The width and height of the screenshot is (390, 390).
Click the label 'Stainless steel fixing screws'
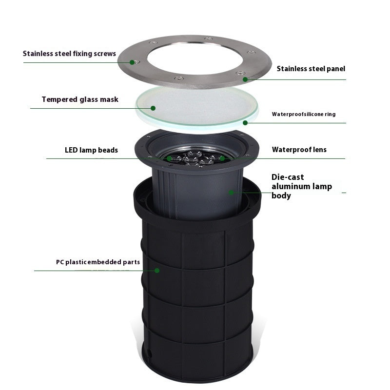[x=69, y=54]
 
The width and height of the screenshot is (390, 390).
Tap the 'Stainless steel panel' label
[x=311, y=69]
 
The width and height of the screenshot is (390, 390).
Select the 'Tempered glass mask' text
[x=80, y=99]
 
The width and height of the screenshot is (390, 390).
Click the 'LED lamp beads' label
[x=91, y=150]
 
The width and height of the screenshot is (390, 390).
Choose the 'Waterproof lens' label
[x=299, y=150]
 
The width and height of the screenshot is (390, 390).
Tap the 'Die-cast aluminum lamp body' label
[x=301, y=186]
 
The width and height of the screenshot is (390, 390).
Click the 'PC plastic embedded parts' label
[x=97, y=262]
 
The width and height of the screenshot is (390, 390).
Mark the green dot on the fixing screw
[x=132, y=62]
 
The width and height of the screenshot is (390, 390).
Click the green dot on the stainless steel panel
[x=245, y=78]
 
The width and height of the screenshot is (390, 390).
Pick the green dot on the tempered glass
[x=153, y=108]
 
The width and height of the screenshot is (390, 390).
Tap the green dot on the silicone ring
[x=245, y=122]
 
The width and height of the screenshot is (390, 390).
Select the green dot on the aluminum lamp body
[x=232, y=192]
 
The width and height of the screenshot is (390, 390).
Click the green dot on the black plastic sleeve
[x=157, y=270]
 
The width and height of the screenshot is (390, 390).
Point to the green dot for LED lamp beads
[x=169, y=158]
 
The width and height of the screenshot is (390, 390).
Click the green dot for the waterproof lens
[x=222, y=158]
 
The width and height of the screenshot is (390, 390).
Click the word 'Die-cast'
[x=288, y=177]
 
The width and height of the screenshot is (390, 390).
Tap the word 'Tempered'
[x=58, y=99]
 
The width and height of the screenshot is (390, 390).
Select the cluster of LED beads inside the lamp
[x=195, y=157]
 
